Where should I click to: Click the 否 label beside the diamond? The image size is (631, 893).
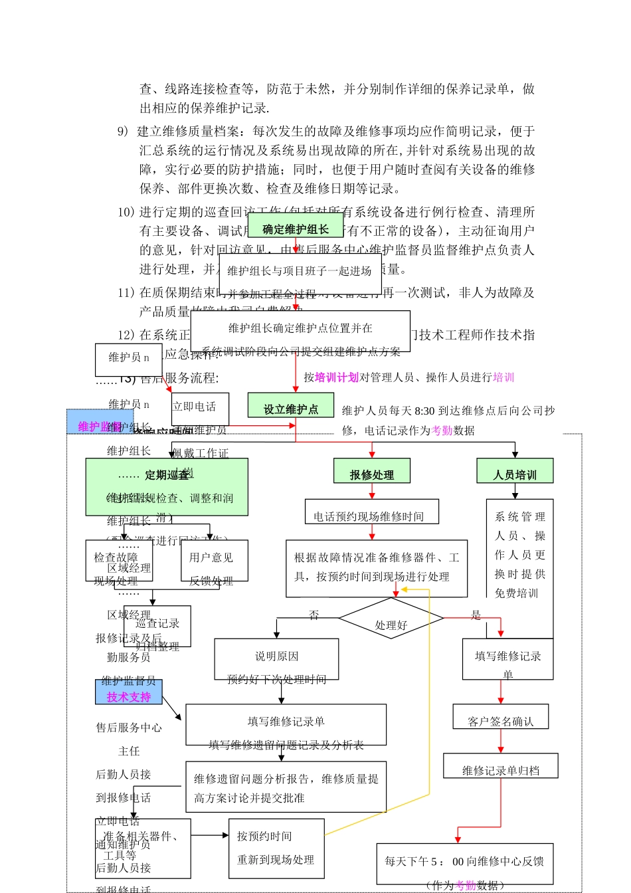click(314, 615)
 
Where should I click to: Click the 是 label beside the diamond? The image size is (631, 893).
click(476, 615)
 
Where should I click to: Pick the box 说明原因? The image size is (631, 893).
click(276, 658)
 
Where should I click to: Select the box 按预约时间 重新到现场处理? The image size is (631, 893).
click(276, 848)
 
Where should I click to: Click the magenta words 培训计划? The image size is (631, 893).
click(337, 377)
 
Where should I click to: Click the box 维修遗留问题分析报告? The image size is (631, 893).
click(286, 787)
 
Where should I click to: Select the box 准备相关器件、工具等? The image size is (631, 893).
click(143, 848)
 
